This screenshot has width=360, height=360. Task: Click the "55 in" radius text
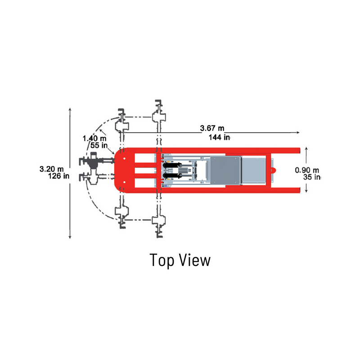click(98, 145)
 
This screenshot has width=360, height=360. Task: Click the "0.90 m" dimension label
click(307, 170)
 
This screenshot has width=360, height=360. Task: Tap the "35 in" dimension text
click(311, 177)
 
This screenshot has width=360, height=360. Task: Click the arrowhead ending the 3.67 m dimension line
click(298, 133)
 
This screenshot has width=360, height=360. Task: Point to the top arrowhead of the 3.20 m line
click(70, 109)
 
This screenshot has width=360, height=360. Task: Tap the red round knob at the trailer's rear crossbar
click(273, 170)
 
